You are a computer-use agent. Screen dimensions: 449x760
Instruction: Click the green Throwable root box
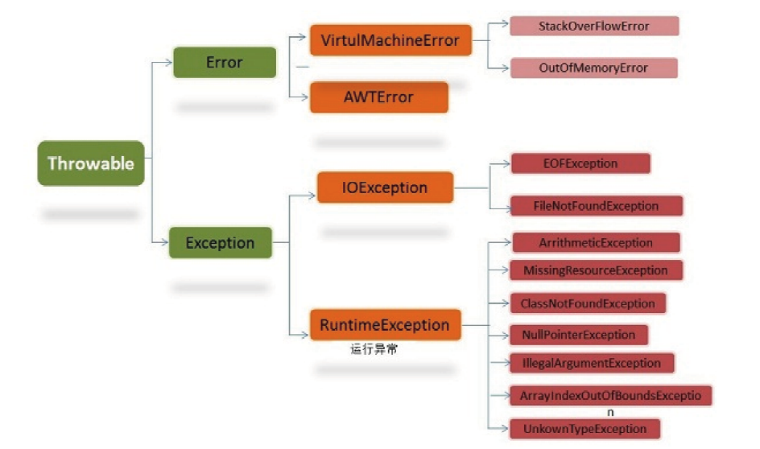[91, 163]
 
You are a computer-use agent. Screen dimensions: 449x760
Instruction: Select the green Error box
[224, 62]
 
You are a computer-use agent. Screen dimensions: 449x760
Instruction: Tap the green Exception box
[220, 242]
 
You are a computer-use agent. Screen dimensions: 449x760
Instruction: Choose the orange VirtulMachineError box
[390, 40]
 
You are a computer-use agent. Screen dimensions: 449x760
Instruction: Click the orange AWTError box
[378, 97]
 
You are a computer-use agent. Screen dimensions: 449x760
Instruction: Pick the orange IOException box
[384, 187]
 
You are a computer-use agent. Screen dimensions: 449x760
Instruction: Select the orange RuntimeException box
[385, 325]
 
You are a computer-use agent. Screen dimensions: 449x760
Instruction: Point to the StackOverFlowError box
[593, 26]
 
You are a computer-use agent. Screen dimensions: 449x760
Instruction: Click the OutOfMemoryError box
[593, 68]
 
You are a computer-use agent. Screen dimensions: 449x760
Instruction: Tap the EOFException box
[580, 163]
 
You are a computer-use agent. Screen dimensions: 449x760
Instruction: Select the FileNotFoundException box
[596, 206]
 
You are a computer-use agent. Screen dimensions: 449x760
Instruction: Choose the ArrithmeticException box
[595, 242]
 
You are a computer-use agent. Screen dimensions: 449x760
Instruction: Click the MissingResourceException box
[596, 270]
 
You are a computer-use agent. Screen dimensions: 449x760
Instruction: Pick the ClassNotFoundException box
[588, 303]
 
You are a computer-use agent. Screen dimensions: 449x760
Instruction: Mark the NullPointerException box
[579, 334]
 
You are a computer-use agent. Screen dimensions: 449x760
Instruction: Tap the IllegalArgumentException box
[592, 363]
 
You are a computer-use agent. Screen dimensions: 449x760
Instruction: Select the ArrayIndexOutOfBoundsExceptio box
[610, 395]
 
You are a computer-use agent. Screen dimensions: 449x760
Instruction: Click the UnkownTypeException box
[584, 428]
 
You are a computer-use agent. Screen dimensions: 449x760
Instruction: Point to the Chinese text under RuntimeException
[374, 349]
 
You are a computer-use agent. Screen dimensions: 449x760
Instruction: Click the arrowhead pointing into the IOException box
[312, 194]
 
